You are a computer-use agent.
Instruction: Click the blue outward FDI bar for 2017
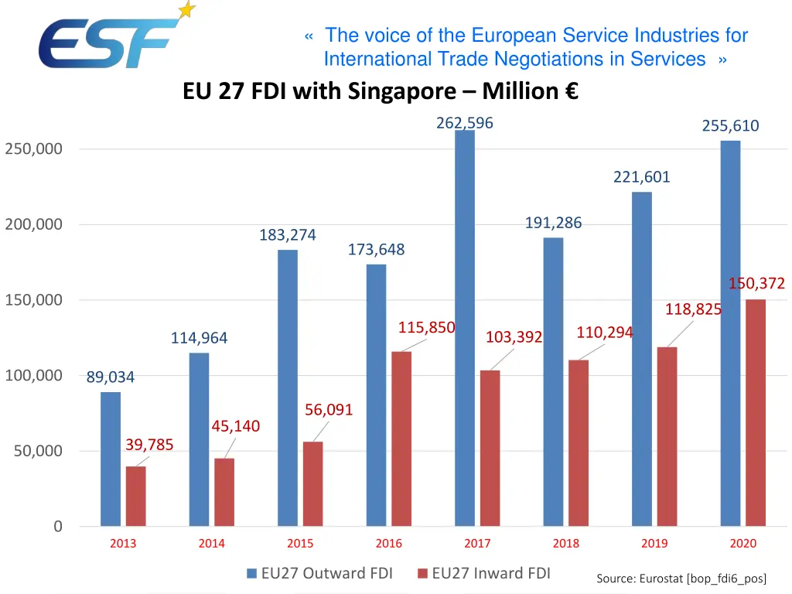tap(465, 328)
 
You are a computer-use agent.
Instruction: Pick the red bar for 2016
tap(401, 439)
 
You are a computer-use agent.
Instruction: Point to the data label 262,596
tap(465, 123)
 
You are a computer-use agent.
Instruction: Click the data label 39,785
tap(149, 445)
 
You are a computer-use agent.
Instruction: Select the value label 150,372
tap(756, 284)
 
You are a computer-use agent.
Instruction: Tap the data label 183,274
tap(288, 235)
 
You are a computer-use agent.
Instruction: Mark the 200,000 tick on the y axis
tap(34, 225)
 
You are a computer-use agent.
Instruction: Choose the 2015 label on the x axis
tap(300, 544)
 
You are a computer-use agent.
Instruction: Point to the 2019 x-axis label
tap(654, 544)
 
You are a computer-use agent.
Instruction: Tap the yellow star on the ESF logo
tap(186, 10)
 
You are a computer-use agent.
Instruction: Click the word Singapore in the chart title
tap(402, 91)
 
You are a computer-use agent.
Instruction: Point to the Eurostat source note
tap(681, 579)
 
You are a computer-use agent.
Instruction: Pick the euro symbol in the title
tap(572, 91)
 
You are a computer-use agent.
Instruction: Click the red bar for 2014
tap(224, 492)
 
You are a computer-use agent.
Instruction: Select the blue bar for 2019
tap(642, 359)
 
